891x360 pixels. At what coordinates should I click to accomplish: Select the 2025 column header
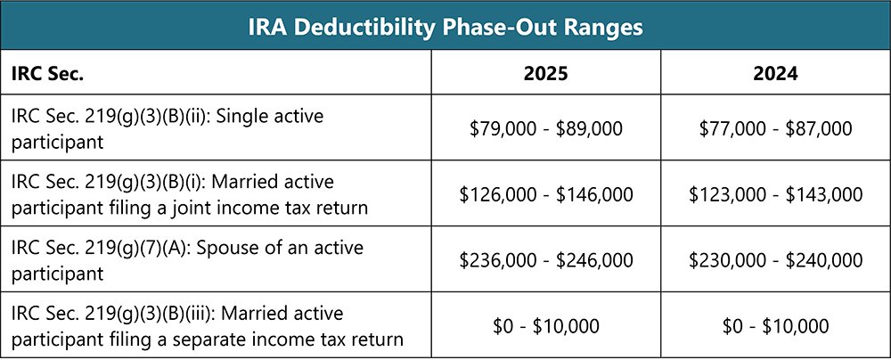click(x=546, y=76)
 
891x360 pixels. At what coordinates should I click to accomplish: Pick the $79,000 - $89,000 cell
click(x=546, y=128)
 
